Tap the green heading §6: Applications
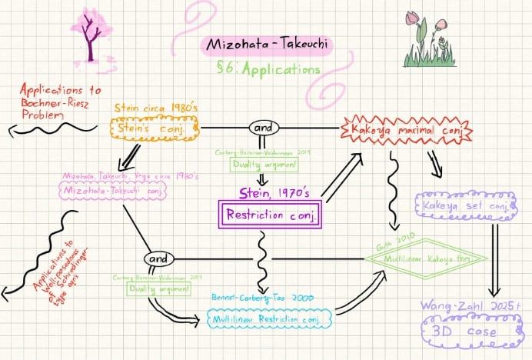269,69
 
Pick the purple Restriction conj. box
270,214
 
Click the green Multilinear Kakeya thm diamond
426,258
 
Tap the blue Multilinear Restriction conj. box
268,316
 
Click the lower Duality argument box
159,288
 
